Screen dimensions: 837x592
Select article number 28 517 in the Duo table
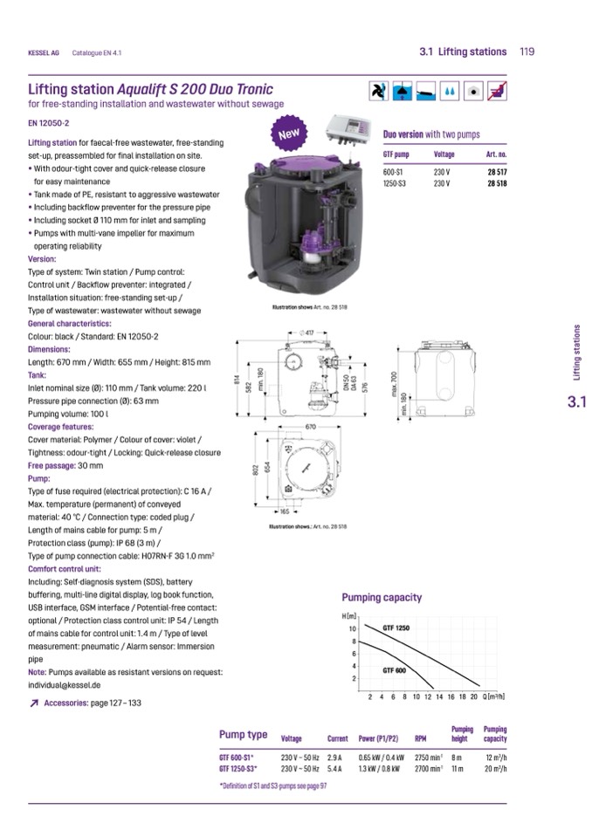tap(497, 173)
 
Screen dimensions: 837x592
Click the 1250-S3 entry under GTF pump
tap(396, 184)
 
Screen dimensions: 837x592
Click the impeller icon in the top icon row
tap(377, 91)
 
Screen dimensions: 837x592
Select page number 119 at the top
tap(527, 51)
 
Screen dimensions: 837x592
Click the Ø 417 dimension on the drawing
tap(308, 333)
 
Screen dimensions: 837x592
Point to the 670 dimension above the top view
tap(310, 426)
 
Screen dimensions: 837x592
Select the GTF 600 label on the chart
tap(394, 669)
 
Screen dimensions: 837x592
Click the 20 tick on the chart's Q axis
tap(475, 696)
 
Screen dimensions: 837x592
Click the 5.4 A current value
tap(334, 769)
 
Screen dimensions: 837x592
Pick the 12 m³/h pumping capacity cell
tap(496, 757)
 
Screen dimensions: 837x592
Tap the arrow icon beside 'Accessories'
tap(33, 703)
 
